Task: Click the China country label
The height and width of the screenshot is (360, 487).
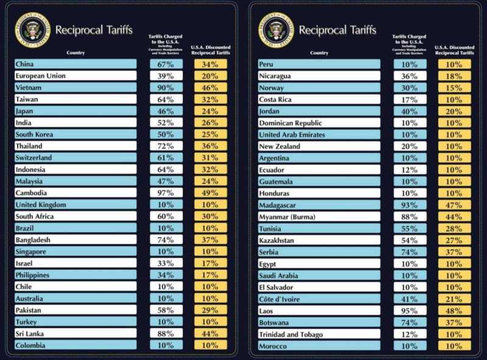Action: point(26,64)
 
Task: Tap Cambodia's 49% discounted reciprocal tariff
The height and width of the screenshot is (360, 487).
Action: point(210,193)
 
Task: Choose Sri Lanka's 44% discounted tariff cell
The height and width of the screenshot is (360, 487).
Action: point(210,334)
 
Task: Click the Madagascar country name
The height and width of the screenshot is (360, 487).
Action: point(278,205)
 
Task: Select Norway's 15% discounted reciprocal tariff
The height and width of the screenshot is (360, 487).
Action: point(454,88)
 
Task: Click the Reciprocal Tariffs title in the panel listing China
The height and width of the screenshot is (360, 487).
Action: point(94,30)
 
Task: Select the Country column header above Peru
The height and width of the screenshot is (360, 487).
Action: point(319,53)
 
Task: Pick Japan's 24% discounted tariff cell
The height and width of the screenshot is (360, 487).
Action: point(210,111)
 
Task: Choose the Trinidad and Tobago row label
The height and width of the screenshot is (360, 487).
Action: point(291,334)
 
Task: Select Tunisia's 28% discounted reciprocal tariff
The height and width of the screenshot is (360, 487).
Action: point(454,228)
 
